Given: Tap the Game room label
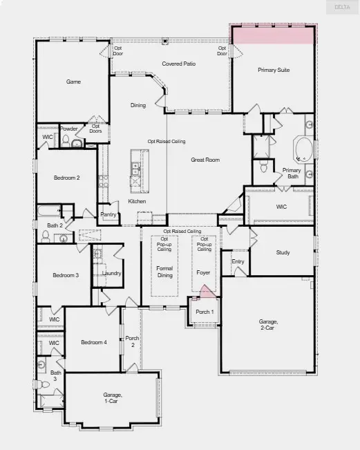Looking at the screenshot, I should point(73,82).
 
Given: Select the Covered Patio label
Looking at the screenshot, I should point(178,64).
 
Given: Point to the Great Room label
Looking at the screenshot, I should point(205,160).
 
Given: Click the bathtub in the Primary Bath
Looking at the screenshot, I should point(303,148).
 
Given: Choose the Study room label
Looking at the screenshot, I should point(283,252).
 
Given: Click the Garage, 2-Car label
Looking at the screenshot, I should point(268,325).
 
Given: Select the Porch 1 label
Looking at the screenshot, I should point(205,312).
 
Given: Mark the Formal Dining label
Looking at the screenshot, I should point(164,272).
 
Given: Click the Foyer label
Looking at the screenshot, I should point(203,272).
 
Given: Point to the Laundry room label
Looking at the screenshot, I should point(111,273).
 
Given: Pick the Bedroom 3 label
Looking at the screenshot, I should point(66,275).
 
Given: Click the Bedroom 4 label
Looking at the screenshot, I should point(93,342).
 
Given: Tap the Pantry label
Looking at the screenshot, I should point(108,214).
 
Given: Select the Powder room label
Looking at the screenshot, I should point(68,129).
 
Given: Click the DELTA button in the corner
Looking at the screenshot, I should point(342,7).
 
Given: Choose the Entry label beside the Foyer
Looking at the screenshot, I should point(238,261).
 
